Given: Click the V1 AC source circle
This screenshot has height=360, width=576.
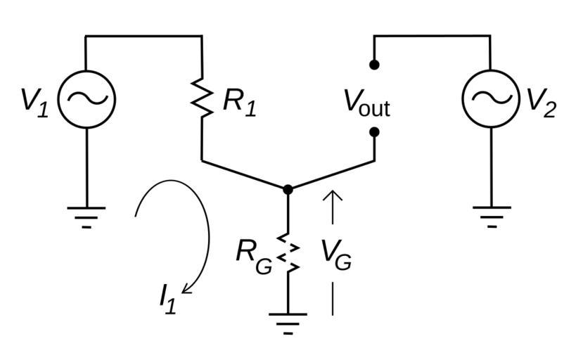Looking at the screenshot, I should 86,99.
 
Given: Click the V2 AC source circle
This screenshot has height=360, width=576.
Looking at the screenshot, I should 490,98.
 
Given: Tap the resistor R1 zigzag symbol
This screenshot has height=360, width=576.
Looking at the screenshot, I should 203,99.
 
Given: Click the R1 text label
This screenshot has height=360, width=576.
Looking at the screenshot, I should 240,103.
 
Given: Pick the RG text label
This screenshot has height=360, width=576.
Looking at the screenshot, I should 253,256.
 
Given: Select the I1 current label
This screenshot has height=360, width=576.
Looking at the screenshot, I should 167,299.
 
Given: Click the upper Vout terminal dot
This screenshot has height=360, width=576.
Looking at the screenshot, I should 374,65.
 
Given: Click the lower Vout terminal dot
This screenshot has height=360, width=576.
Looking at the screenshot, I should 374,131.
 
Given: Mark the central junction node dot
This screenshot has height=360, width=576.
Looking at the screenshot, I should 288,189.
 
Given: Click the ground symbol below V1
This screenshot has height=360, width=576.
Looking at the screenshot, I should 86,215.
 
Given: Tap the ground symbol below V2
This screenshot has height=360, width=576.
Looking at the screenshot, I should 491,214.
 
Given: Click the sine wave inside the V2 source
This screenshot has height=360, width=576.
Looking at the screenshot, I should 490,98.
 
